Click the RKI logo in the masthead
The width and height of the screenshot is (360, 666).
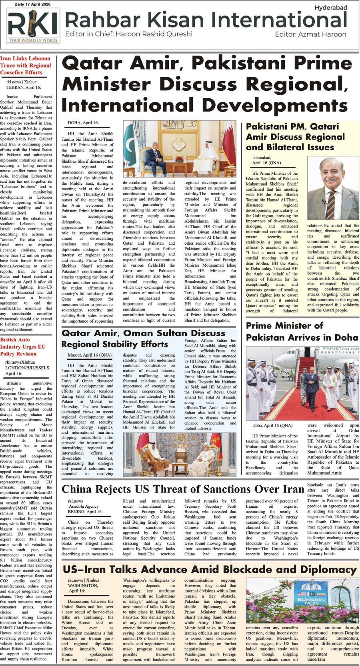(33, 26)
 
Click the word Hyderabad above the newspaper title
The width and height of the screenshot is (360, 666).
(330, 8)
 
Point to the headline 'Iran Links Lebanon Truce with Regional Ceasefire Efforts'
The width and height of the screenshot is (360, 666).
(26, 66)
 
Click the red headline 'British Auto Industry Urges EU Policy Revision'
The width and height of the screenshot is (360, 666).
(23, 347)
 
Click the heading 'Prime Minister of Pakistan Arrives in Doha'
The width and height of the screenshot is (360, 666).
(302, 331)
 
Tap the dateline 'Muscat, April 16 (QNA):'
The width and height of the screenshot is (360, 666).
(91, 355)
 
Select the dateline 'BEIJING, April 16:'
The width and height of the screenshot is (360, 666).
(85, 511)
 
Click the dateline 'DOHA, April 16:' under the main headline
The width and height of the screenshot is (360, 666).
(83, 123)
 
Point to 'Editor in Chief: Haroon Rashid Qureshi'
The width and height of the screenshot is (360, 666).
(129, 34)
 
